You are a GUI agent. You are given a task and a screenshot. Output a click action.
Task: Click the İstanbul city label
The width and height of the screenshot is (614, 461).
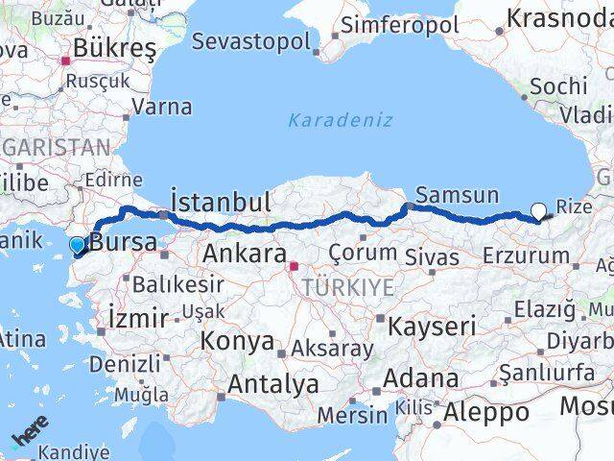(219, 202)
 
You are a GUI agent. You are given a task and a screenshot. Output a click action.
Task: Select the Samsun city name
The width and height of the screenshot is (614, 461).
(457, 195)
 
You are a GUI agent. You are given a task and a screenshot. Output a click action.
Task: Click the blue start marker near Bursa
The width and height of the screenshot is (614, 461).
(78, 246)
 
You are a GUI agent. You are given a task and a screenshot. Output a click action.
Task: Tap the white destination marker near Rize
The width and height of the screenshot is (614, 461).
(538, 211)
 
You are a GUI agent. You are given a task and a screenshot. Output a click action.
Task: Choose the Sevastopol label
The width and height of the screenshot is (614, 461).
(251, 42)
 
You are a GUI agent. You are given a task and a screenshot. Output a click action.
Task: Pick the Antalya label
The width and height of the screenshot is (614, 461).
(272, 385)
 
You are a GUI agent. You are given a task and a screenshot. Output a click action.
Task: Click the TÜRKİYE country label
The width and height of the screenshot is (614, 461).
(347, 287)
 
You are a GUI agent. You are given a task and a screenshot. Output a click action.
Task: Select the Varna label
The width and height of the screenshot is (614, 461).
(160, 107)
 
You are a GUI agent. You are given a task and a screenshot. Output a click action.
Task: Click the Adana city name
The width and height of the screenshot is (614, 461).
(419, 379)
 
